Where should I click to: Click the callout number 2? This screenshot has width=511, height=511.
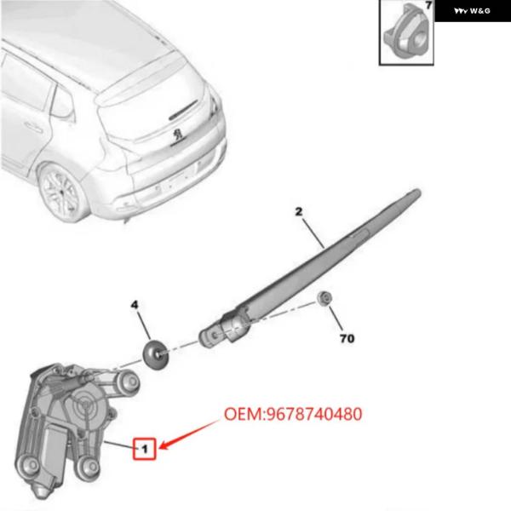pos(299,212)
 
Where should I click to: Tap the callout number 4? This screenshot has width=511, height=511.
pos(135,305)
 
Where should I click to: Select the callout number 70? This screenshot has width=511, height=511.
pos(347,339)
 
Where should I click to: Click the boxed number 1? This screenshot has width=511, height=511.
pos(145,449)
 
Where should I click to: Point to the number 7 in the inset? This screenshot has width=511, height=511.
pos(428,5)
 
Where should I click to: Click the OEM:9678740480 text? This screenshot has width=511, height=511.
pos(293,414)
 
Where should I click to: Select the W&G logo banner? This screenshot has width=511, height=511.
pos(473,11)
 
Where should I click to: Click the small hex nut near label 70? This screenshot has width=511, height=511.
pos(324,297)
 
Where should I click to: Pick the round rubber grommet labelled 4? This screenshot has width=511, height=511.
pos(156,355)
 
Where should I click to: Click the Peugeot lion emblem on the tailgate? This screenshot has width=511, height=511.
pos(178,134)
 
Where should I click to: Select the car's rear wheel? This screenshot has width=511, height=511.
pos(62,193)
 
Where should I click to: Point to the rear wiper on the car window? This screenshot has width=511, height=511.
pos(183,111)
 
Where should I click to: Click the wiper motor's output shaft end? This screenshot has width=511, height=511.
pos(130,382)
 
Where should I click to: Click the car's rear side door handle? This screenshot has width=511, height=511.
pos(33,128)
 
